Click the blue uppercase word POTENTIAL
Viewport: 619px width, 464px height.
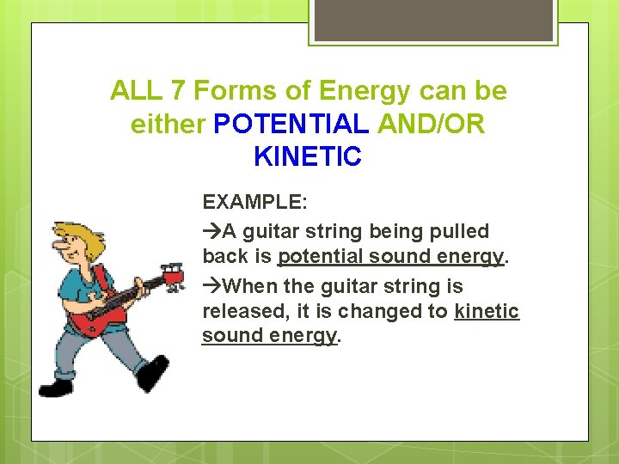pyautogui.click(x=291, y=124)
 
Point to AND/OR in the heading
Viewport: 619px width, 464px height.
pyautogui.click(x=430, y=124)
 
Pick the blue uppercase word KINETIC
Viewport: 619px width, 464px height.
pyautogui.click(x=308, y=157)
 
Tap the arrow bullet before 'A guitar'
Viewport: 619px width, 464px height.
pyautogui.click(x=211, y=231)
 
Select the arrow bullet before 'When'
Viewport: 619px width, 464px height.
pyautogui.click(x=211, y=286)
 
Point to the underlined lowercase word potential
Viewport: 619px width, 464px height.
pyautogui.click(x=320, y=256)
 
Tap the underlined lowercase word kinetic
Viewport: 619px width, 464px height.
pyautogui.click(x=487, y=311)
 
